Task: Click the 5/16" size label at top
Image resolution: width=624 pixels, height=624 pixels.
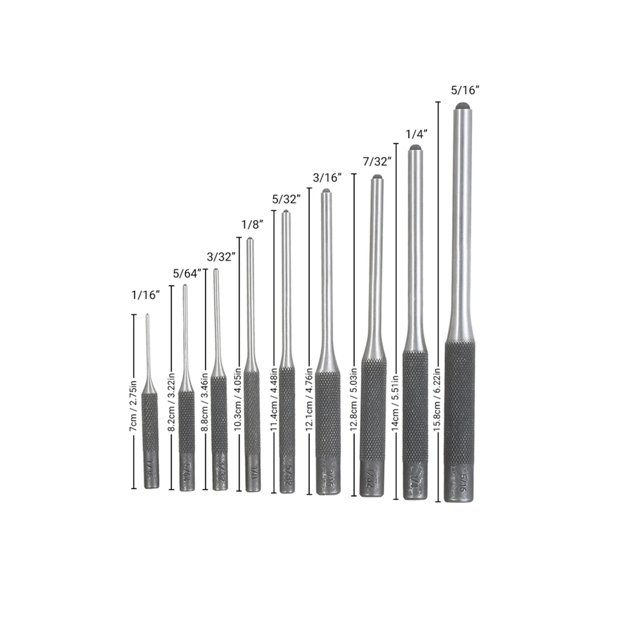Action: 464,90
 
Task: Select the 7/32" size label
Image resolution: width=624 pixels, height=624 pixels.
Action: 376,162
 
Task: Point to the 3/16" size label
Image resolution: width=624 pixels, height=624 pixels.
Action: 328,177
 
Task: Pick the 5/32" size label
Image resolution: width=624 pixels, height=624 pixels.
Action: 287,199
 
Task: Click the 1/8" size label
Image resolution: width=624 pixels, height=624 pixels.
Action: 251,225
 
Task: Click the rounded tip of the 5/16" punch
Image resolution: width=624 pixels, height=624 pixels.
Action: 461,106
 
